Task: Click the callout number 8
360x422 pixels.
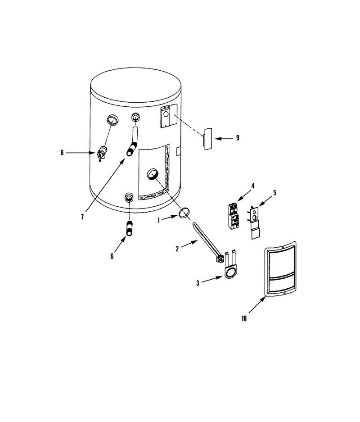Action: pos(62,153)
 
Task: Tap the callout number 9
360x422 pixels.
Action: pos(238,138)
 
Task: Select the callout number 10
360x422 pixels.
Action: pos(244,318)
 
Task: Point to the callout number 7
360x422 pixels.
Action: pos(82,217)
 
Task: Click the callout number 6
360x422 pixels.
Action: pos(112,256)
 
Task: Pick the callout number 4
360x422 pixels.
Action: pos(253,186)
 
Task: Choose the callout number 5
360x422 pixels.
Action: pos(274,193)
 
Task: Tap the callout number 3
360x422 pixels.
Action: pos(198,283)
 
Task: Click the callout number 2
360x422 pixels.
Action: pos(177,249)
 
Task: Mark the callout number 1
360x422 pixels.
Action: pos(159,220)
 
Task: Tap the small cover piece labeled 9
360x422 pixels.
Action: pos(208,139)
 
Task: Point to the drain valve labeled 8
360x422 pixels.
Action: pos(101,153)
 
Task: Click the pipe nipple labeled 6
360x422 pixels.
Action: pos(130,228)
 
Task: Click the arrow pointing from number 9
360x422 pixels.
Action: pos(224,139)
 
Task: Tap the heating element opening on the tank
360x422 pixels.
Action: pos(153,174)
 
